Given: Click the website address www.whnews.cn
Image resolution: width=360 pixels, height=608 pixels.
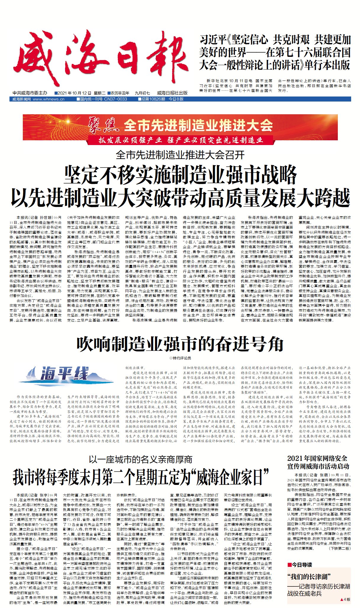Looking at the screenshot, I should coord(49,99).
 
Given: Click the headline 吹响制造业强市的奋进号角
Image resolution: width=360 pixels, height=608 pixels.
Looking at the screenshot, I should coord(180,344).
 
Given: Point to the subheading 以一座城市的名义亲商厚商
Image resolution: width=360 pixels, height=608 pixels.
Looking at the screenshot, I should coord(140,459).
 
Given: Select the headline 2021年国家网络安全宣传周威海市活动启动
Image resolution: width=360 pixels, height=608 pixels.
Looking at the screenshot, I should coord(318,462).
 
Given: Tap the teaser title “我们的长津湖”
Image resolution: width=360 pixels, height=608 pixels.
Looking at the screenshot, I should coord(309,577).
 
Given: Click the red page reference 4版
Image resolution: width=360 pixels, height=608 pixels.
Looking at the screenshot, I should coord(346,599).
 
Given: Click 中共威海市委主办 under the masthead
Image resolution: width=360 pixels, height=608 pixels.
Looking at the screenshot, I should coord(30,93).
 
